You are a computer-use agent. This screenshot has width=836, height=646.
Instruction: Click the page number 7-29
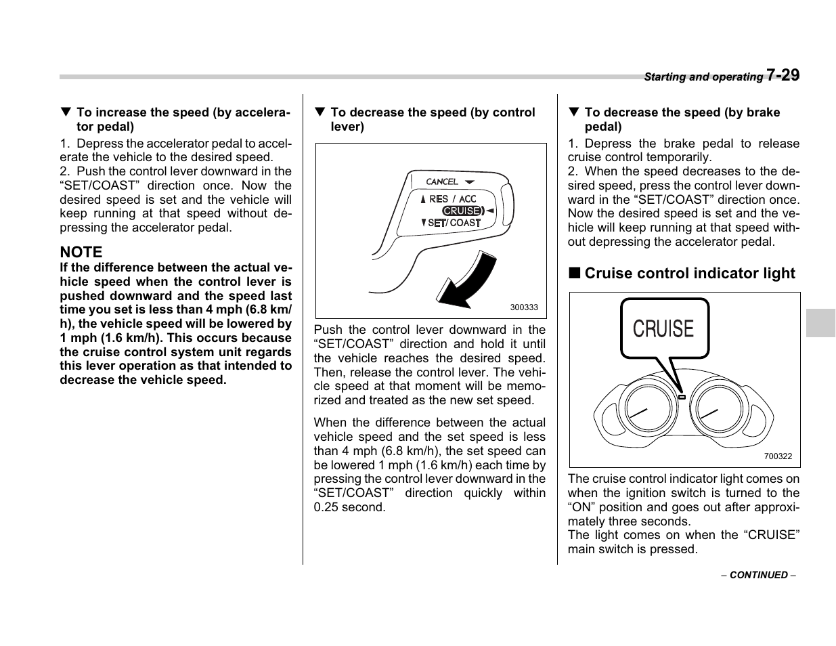(783, 74)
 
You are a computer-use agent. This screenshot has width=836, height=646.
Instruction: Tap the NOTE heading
(81, 252)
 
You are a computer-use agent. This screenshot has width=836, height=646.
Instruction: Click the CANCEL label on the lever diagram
(442, 181)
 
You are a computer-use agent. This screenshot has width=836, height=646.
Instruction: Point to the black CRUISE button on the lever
(462, 211)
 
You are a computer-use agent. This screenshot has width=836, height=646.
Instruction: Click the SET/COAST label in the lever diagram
(454, 223)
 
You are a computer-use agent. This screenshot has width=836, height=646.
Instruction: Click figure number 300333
(523, 307)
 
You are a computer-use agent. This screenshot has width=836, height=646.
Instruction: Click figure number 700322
(777, 456)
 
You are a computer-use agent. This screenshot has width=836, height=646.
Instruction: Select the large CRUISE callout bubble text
(663, 329)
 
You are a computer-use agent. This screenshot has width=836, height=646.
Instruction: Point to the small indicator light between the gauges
(681, 397)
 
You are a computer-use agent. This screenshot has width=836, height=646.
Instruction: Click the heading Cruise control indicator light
(689, 274)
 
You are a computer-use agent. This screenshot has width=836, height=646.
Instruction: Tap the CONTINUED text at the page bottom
(758, 575)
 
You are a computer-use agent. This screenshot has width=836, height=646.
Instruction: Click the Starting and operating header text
(703, 77)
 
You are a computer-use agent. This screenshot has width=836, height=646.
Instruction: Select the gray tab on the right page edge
(820, 323)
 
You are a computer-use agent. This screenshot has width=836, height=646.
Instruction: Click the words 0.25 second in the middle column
(349, 507)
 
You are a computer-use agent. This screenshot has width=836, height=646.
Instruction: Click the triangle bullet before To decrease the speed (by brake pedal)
(573, 112)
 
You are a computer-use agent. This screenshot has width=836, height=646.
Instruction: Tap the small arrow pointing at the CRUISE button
(489, 211)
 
